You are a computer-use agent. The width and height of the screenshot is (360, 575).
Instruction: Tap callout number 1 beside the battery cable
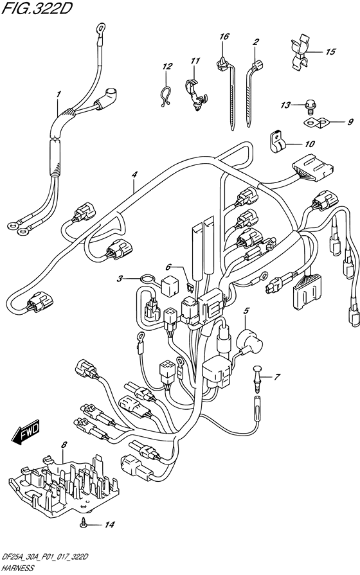(57, 94)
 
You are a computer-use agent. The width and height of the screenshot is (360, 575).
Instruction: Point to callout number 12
(167, 67)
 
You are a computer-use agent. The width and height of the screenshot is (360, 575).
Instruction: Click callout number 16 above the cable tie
(224, 37)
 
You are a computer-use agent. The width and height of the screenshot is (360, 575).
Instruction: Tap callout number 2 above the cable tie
(255, 42)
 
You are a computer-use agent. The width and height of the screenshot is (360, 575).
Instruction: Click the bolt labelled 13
(307, 108)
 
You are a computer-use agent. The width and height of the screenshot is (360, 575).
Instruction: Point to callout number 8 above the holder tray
(64, 445)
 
